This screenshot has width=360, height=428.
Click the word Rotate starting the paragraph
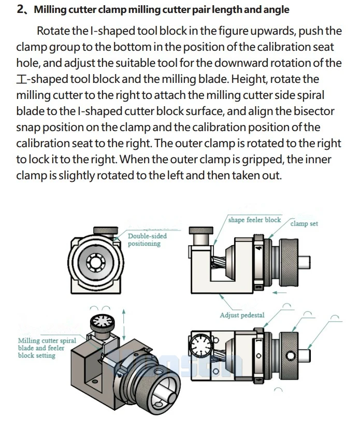pyautogui.click(x=53, y=31)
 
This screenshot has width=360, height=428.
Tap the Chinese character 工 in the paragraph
pyautogui.click(x=22, y=79)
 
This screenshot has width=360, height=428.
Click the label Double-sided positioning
pyautogui.click(x=148, y=240)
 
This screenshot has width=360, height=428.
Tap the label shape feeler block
pyautogui.click(x=254, y=220)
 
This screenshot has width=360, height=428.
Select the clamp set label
pyautogui.click(x=304, y=223)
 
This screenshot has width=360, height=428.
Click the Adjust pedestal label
pyautogui.click(x=242, y=315)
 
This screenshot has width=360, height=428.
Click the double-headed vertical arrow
pyautogui.click(x=124, y=324)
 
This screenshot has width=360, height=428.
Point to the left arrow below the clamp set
pyautogui.click(x=280, y=293)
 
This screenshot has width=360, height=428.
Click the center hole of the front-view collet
pyautogui.click(x=95, y=263)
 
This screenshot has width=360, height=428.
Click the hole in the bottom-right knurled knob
pyautogui.click(x=290, y=355)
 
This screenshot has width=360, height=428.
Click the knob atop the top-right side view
pyautogui.click(x=201, y=231)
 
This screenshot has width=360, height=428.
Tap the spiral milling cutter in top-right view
pyautogui.click(x=219, y=263)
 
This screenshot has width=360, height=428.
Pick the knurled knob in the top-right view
pyautogui.click(x=289, y=263)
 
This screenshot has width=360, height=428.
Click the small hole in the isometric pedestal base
pyautogui.click(x=95, y=381)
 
